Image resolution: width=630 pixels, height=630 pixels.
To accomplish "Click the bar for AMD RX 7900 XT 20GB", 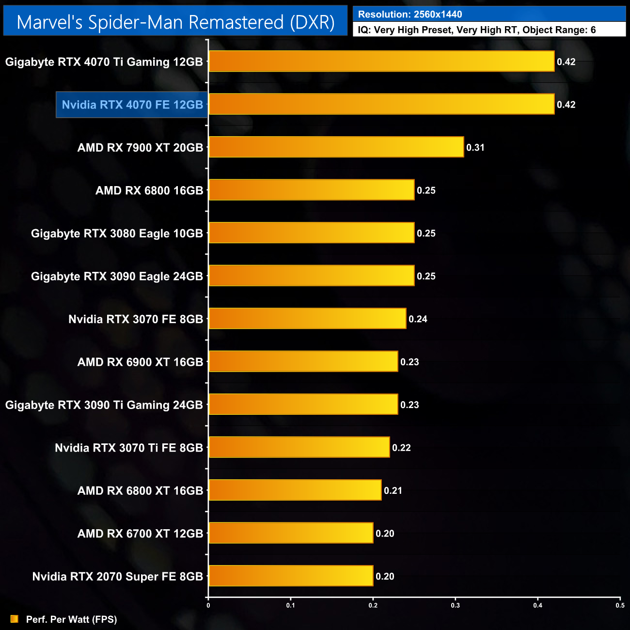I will [x=336, y=147].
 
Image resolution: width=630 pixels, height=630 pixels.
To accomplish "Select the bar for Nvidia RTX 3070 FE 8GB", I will [x=307, y=319].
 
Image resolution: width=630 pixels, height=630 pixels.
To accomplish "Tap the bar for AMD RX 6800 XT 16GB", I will [x=295, y=490].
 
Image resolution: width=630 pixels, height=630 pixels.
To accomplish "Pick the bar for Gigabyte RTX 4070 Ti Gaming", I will [x=381, y=62].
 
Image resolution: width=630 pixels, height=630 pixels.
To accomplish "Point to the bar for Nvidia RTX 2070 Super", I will [x=291, y=576].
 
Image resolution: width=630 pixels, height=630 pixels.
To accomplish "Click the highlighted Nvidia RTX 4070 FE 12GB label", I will [x=132, y=105].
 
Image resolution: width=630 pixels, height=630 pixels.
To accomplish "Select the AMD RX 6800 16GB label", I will [x=149, y=190].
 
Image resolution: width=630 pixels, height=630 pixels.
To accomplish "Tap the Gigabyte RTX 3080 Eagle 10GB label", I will [x=117, y=234].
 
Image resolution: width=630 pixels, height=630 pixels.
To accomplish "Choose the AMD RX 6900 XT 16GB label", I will [x=140, y=362].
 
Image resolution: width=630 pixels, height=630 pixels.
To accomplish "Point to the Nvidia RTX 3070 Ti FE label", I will [x=128, y=448].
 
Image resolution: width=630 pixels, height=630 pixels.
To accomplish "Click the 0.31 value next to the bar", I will [x=475, y=148].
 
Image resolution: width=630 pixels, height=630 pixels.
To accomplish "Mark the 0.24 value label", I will [x=418, y=319].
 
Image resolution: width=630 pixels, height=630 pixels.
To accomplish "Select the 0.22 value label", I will [x=401, y=448].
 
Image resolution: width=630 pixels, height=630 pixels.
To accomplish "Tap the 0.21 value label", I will [x=393, y=491].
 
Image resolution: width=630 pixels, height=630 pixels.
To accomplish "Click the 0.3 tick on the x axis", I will [x=456, y=605].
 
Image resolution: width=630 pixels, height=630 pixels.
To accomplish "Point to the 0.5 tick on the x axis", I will [x=620, y=605].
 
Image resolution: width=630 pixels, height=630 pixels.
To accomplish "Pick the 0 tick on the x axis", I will [x=208, y=605].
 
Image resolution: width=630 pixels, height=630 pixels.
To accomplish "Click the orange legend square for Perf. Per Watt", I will [x=15, y=619].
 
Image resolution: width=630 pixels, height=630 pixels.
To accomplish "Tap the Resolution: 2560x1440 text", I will [x=410, y=15].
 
